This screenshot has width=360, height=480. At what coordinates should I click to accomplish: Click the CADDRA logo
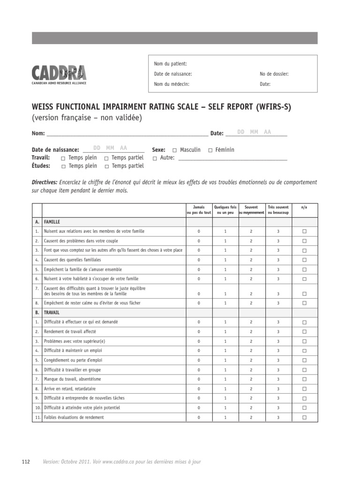coord(59,74)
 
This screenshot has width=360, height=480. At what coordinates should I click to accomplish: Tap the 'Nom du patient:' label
coord(170,64)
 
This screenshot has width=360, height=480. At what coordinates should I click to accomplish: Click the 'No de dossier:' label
coord(274,74)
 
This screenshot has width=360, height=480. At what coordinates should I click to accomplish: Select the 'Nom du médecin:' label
coord(172,84)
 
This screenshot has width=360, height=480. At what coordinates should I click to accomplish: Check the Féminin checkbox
coord(210,150)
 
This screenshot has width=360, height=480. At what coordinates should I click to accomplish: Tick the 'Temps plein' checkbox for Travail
coord(63,158)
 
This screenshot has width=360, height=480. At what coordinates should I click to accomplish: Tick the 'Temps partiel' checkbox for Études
coord(107,166)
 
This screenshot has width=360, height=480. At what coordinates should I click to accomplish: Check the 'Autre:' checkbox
coord(155,158)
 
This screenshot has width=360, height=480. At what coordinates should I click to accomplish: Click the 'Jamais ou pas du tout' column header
coord(199,210)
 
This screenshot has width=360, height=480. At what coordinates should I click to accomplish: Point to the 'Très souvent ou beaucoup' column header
coord(278,210)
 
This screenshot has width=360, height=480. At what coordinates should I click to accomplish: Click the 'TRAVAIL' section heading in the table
coord(52,312)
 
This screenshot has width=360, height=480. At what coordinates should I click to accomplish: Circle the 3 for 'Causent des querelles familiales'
coord(278,260)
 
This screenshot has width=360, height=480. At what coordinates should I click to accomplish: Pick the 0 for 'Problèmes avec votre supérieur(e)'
coord(199,341)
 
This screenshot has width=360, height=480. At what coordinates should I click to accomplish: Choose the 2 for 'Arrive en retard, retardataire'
coord(251,389)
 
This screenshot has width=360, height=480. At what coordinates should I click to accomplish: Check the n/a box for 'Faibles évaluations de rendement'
coord(304,417)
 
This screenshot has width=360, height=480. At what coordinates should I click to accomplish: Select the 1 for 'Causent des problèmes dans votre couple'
coord(225,241)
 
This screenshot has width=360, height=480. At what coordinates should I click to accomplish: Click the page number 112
coord(26,462)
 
